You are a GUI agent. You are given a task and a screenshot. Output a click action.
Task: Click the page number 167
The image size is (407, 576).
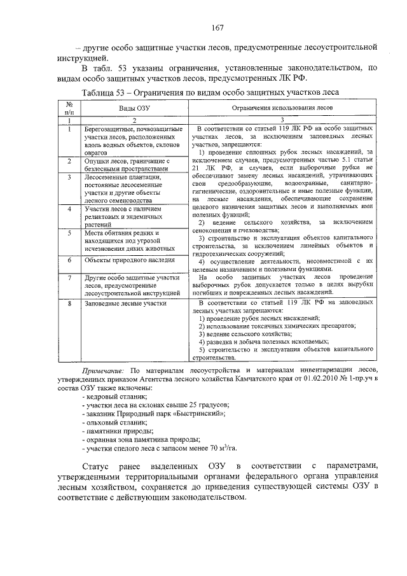click(216, 28)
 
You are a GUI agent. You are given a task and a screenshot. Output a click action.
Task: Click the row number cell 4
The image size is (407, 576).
click(68, 209)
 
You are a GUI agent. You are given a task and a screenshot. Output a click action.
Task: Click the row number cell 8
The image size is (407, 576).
click(68, 304)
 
